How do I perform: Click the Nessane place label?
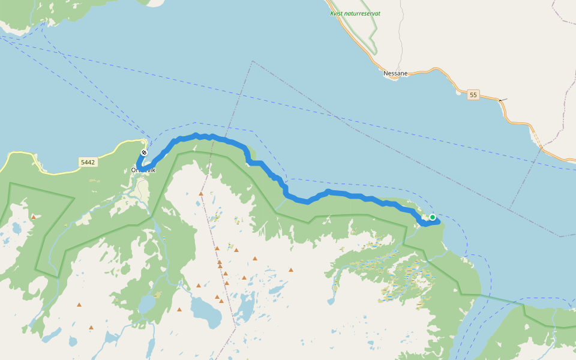[395, 73]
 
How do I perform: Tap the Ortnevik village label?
[143, 170]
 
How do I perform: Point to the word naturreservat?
[364, 13]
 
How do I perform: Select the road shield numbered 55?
[473, 95]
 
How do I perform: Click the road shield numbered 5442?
[88, 162]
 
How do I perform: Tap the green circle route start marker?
[433, 217]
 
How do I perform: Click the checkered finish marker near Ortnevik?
[144, 152]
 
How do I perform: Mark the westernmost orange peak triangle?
[34, 217]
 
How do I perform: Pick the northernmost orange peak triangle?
[201, 194]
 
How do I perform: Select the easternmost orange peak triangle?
[291, 270]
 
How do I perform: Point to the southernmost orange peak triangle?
[91, 328]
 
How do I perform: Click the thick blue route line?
[348, 194]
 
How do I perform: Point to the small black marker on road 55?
[502, 100]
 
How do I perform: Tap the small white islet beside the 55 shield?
[459, 92]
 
